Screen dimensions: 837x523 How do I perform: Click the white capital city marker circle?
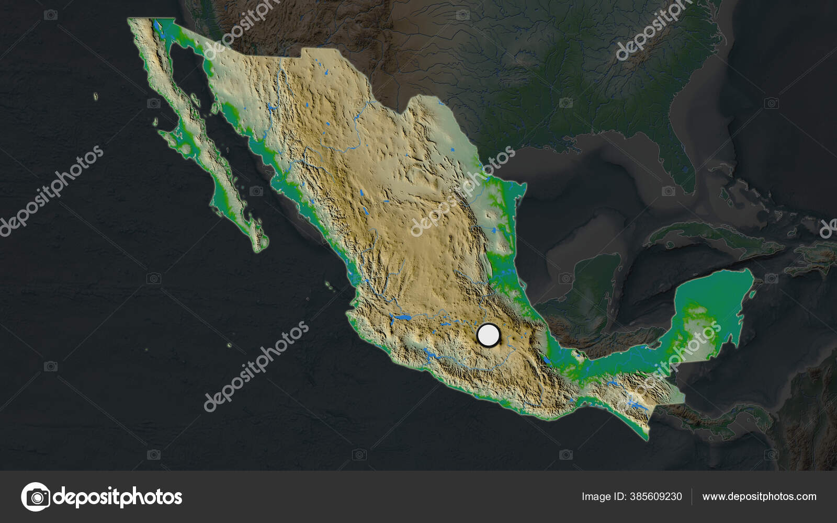click(489, 335)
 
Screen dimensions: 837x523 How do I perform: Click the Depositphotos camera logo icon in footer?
click(36, 496)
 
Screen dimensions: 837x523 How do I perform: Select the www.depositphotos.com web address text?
click(759, 496)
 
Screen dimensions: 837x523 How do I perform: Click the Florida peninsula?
click(680, 157)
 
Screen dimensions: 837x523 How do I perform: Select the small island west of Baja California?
click(96, 96)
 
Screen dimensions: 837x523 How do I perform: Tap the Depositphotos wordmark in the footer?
click(118, 496)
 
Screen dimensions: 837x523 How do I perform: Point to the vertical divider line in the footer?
click(692, 496)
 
